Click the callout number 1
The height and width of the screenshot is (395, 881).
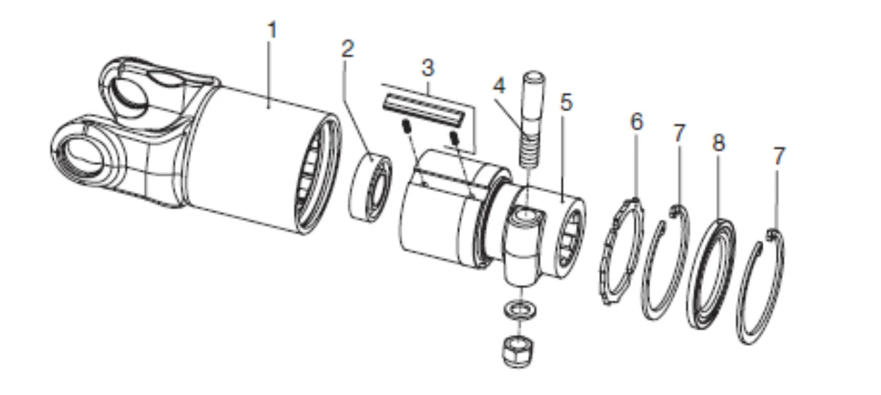[272, 31]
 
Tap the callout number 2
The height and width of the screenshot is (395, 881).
[347, 49]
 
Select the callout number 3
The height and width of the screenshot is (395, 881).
[428, 68]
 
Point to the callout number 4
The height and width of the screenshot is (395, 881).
[499, 86]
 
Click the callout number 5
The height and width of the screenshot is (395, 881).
[565, 103]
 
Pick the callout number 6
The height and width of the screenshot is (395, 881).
[637, 122]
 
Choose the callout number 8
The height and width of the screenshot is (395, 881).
[718, 143]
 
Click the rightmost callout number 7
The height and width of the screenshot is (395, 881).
[779, 157]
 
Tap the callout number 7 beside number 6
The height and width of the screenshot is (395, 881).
[679, 134]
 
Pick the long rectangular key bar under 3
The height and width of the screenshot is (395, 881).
[424, 111]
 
